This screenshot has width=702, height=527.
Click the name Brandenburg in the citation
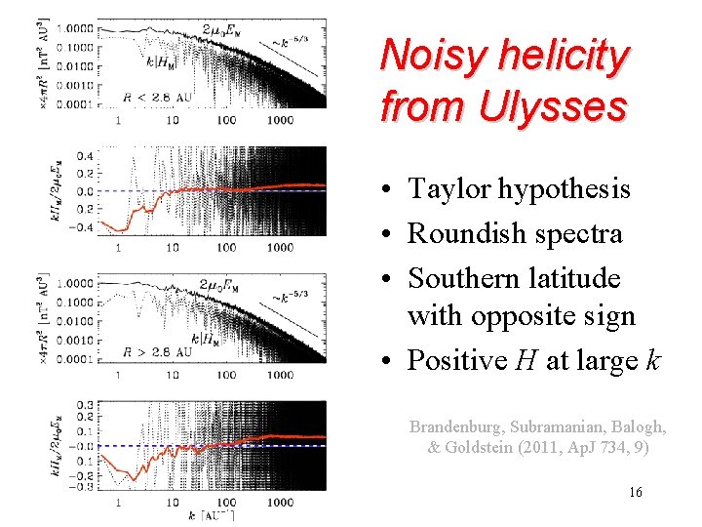pos(459,427)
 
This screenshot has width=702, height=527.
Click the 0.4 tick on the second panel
pos(85,156)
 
